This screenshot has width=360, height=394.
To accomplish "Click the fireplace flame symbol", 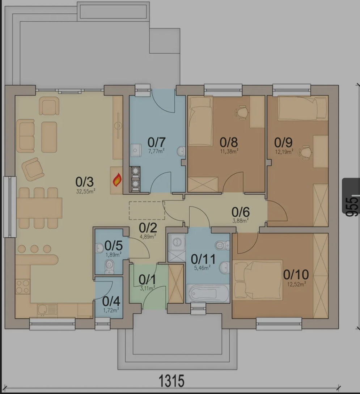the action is click(117, 180).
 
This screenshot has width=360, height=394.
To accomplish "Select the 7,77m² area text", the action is click(156, 151).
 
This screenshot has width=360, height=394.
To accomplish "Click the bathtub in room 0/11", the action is click(208, 293).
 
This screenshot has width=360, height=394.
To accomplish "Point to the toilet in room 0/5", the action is click(109, 267).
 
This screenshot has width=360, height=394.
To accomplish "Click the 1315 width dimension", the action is click(172, 381).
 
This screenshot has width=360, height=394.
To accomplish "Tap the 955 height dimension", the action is click(351, 207).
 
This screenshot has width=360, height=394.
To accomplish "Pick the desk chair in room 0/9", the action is click(305, 152).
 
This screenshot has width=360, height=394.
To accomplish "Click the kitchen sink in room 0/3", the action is click(47, 310).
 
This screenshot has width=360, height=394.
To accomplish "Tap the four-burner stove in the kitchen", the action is click(22, 287).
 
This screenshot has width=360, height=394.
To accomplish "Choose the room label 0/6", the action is click(240, 212).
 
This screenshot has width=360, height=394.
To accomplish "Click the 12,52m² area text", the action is click(296, 284).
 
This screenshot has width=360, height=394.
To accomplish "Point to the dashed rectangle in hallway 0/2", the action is click(147, 211).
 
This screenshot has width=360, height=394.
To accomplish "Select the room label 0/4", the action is click(111, 301).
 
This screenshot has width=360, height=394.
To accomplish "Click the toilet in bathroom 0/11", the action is click(222, 245).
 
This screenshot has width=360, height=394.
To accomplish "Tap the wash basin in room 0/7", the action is click(181, 151).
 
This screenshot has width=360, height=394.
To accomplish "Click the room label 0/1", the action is click(147, 279).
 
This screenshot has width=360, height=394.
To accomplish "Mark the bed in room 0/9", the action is click(303, 109).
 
